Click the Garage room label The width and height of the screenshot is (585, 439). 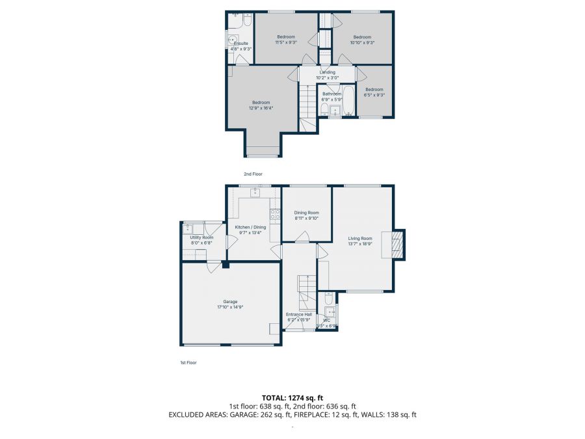click(230, 302)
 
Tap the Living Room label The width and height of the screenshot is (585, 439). click(360, 239)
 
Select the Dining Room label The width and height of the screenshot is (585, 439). click(306, 213)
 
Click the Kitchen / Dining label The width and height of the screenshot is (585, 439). click(250, 227)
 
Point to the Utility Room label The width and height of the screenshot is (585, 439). click(201, 237)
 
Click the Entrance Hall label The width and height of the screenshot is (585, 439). click(299, 315)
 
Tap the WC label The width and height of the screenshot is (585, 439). click(326, 320)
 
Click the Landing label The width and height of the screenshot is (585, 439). click(327, 72)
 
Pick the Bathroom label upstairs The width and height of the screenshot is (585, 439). click(331, 94)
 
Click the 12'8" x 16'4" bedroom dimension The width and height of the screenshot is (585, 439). click(261, 109)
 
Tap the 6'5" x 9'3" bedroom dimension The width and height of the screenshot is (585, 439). click(374, 95)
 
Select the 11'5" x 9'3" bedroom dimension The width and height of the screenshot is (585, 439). click(286, 43)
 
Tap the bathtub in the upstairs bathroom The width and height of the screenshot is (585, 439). click(349, 101)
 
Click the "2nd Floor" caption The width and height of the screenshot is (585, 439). click(253, 174)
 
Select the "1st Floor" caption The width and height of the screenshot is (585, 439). click(188, 362)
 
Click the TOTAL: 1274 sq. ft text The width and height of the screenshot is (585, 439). click(292, 397)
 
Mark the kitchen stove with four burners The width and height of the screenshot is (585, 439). click(274, 215)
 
